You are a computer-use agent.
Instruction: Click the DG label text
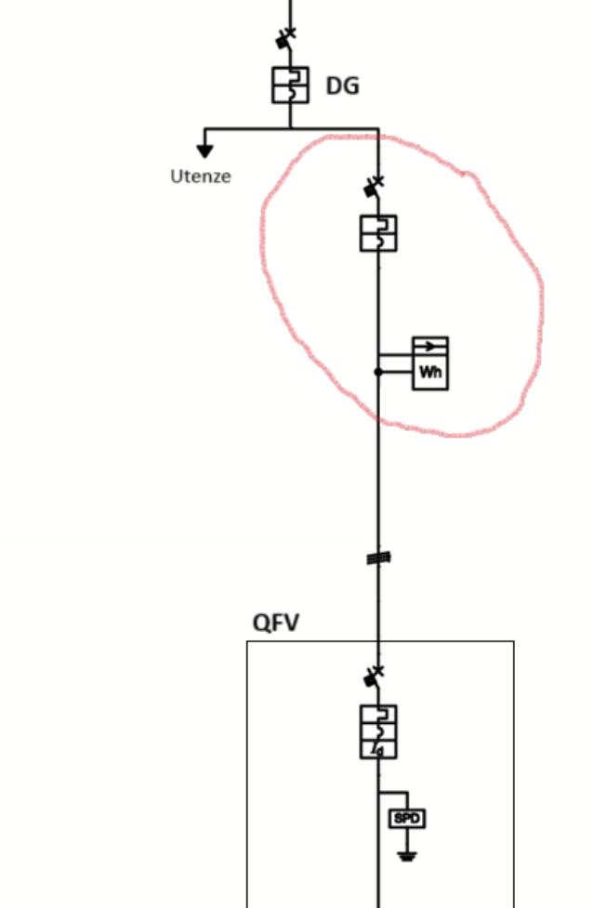pos(343,86)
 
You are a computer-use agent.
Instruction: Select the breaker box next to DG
pos(290,86)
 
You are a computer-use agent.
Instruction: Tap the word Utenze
pos(201,176)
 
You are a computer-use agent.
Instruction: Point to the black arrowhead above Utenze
pos(204,151)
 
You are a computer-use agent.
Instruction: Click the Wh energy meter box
pos(430,363)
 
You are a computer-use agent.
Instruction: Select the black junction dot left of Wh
pos(378,372)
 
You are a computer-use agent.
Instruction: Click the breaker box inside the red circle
pos(378,233)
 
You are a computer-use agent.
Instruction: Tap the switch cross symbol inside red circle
pos(374,185)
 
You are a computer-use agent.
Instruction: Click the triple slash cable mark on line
pos(378,558)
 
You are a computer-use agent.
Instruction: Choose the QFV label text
pos(276,623)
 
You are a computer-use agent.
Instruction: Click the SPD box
pos(407,818)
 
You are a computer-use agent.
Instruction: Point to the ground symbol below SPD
pos(407,855)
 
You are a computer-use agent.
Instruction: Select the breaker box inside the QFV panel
pos(378,731)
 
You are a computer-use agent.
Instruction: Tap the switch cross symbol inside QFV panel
pos(374,676)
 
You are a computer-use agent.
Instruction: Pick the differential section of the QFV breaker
pos(378,750)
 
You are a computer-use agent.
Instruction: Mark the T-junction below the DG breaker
pos(291,128)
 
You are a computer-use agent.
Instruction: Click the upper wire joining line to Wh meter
pos(396,354)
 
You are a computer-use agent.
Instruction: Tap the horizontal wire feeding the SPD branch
pos(393,792)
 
